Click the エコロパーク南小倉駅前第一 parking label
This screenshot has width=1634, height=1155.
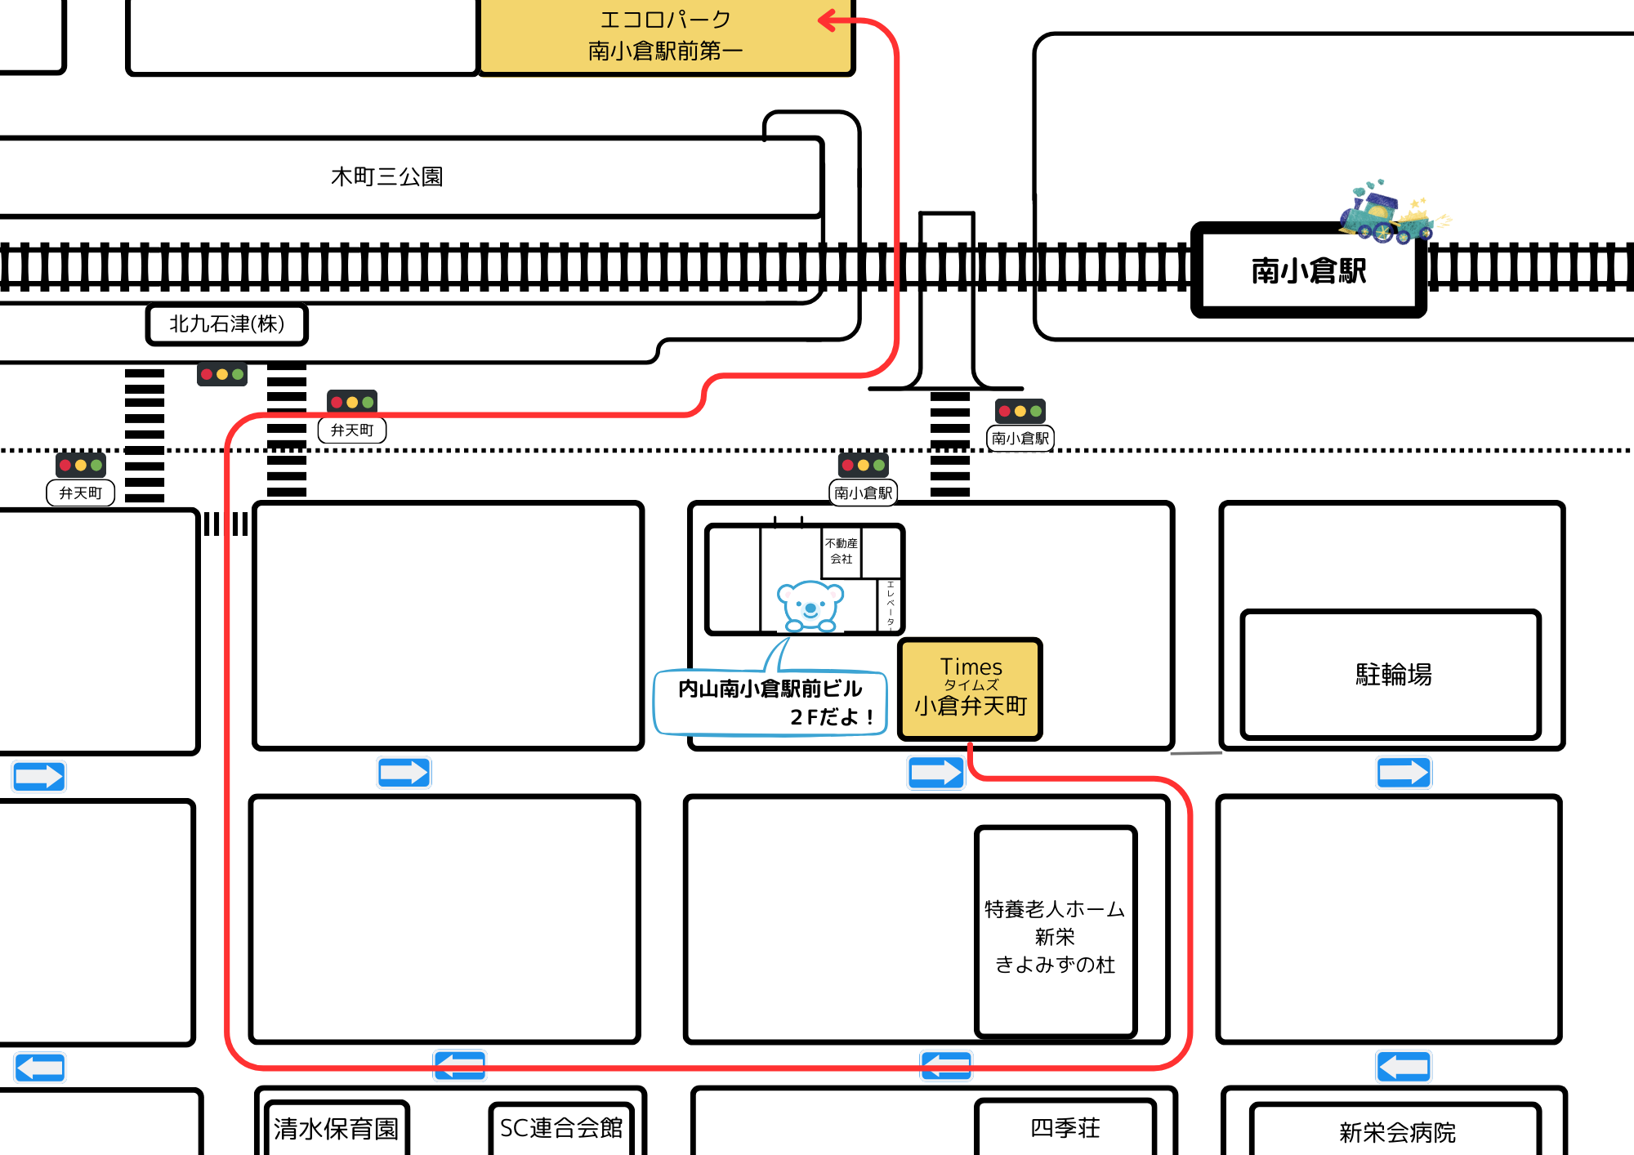click(665, 35)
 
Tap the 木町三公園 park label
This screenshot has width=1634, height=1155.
click(386, 176)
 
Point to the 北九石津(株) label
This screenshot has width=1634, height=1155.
click(226, 324)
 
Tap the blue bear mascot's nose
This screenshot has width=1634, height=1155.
click(810, 609)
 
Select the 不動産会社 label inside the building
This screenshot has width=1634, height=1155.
click(841, 551)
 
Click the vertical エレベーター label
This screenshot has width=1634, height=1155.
click(890, 605)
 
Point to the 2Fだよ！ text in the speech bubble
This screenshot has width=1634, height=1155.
click(831, 717)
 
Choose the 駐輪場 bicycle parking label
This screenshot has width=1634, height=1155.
click(1393, 675)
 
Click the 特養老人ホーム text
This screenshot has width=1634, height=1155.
click(1054, 909)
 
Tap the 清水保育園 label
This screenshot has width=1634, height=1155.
click(336, 1129)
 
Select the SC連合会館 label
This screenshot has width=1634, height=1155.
click(560, 1128)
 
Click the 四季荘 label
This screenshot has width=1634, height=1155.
click(1065, 1128)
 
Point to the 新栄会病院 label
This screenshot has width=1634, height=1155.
click(1397, 1132)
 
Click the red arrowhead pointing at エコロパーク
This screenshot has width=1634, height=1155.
click(829, 20)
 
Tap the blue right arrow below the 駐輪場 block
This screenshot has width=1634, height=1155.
click(1403, 772)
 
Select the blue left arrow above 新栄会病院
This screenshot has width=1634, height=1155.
click(1403, 1066)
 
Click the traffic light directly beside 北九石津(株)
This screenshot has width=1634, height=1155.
click(221, 374)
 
